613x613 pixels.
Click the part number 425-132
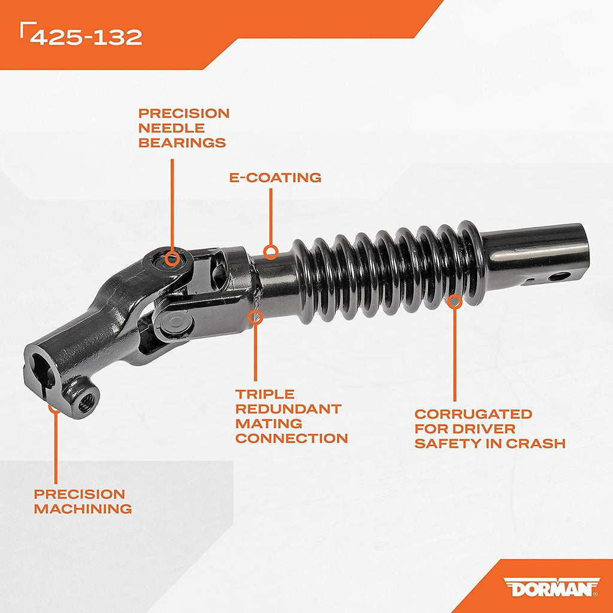click(86, 37)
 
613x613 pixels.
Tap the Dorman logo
click(551, 587)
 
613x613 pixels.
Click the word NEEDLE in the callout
click(171, 128)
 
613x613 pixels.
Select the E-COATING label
click(275, 177)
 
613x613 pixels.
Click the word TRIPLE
click(265, 394)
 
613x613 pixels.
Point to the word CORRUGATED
click(473, 414)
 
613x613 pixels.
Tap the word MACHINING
click(83, 509)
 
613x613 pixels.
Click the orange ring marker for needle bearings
click(172, 259)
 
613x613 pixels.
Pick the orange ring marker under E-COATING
click(271, 252)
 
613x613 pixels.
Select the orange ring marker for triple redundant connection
click(255, 317)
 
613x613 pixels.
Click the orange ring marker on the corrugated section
click(454, 302)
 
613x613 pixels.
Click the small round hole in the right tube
click(559, 277)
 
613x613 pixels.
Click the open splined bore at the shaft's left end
click(43, 370)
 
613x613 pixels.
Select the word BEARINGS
click(182, 142)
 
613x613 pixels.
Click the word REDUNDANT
click(289, 409)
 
